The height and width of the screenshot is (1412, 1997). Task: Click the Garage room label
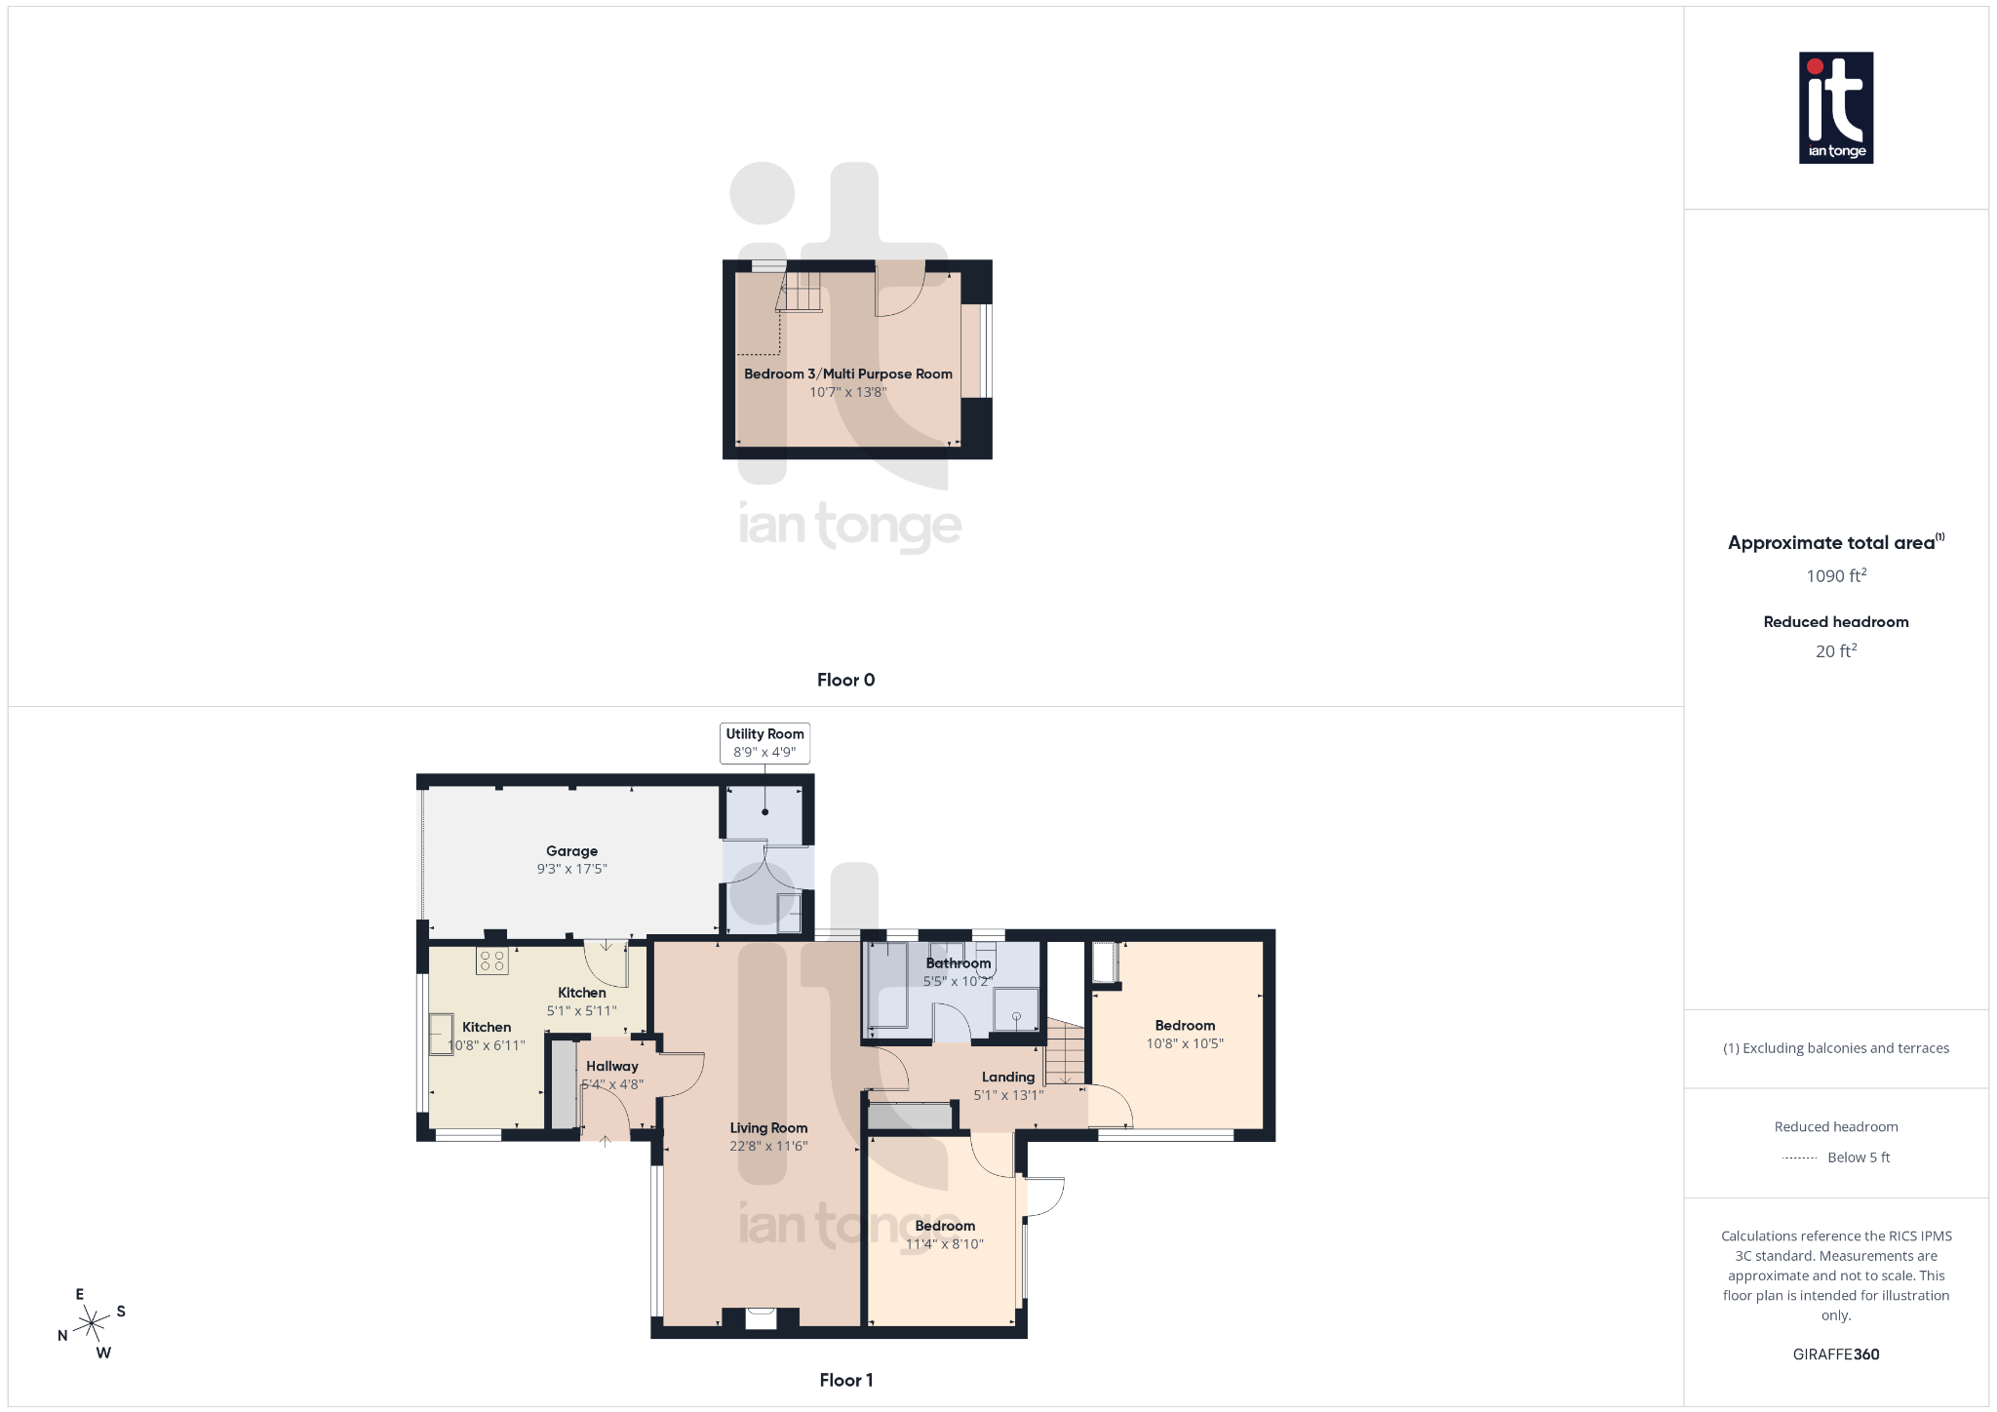[x=571, y=851]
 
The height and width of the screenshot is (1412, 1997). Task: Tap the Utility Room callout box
[x=764, y=743]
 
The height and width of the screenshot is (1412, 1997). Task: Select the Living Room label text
[x=768, y=1128]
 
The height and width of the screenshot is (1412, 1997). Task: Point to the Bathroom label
[x=958, y=963]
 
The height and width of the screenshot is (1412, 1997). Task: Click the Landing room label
[x=1008, y=1078]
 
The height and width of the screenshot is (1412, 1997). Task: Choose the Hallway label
[x=612, y=1067]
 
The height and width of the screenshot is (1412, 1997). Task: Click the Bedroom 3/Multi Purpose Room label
[x=847, y=374]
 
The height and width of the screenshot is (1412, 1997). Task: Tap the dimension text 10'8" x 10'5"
[x=1185, y=1044]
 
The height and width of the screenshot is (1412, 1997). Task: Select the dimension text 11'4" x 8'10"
[x=945, y=1244]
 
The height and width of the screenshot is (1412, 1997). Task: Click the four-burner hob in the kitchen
[x=492, y=961]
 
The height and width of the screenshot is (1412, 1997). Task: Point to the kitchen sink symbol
[x=442, y=1034]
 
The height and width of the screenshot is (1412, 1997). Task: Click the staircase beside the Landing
[x=1065, y=1052]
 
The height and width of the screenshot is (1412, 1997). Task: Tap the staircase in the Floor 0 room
[x=802, y=292]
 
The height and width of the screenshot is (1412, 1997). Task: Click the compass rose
[x=92, y=1323]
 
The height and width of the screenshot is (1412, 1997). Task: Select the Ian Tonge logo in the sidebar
[x=1835, y=107]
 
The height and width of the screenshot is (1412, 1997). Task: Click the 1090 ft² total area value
[x=1835, y=576]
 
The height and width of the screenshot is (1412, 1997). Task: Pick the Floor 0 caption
[x=845, y=681]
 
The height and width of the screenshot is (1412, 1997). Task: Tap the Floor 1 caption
[x=845, y=1380]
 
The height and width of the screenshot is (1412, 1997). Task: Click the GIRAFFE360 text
[x=1835, y=1354]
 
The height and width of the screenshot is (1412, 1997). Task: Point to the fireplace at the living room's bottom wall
[x=761, y=1318]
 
